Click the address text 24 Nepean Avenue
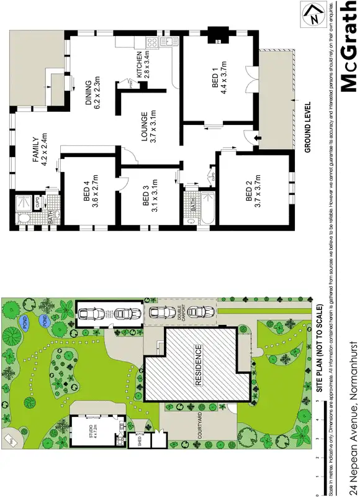point(354,435)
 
